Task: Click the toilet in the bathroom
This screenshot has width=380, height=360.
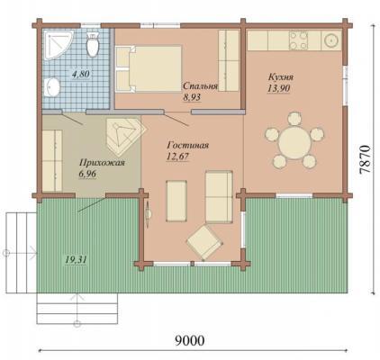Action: point(92,44)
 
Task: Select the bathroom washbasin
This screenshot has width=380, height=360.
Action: point(51,87)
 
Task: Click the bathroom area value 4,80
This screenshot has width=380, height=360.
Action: point(81,74)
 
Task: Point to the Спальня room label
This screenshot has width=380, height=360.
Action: point(200,85)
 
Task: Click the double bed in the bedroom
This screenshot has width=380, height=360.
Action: point(149,68)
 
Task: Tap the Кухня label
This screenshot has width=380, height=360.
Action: point(281,77)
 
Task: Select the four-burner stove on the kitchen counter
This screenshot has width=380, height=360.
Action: point(298,40)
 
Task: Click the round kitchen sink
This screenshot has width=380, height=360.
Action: point(331,40)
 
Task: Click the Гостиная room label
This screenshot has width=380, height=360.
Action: point(188,146)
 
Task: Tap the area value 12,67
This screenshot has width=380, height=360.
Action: point(177,157)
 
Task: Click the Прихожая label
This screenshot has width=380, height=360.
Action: point(102,163)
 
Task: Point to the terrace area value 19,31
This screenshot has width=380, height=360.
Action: point(76,259)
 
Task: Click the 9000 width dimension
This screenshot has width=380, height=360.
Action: point(190,340)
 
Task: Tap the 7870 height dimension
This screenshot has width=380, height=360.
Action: point(365,159)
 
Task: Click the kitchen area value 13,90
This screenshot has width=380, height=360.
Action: point(279,88)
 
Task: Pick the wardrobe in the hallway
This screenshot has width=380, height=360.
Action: point(52,160)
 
